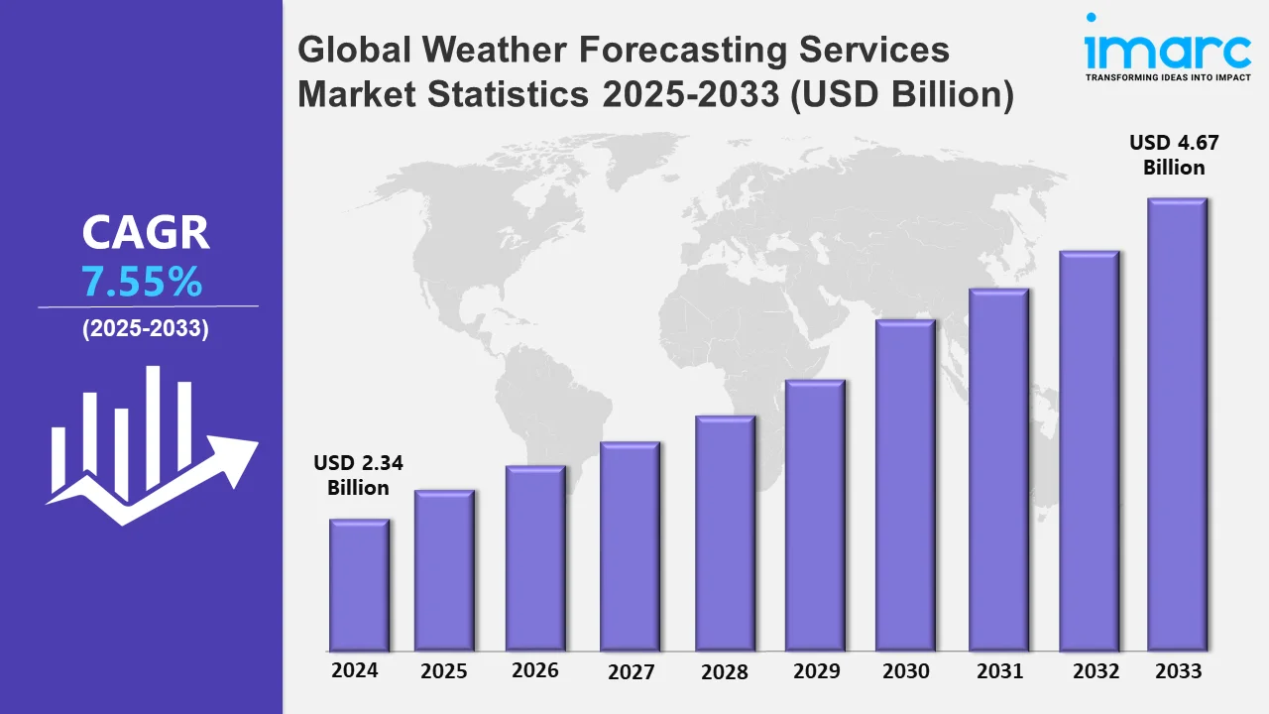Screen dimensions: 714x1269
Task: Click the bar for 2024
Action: (x=359, y=585)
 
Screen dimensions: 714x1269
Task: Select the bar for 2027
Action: (x=630, y=546)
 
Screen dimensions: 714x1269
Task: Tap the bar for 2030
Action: (x=905, y=485)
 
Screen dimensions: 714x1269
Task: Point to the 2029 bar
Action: (x=815, y=516)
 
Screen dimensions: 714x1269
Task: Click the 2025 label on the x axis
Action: (x=444, y=671)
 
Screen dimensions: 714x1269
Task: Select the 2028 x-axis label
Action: (x=725, y=671)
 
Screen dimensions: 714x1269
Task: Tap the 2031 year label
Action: (x=998, y=671)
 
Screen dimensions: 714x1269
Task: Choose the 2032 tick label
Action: (x=1095, y=671)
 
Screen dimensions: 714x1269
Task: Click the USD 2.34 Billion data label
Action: (x=359, y=475)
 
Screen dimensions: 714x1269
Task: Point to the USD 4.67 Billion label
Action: (x=1174, y=155)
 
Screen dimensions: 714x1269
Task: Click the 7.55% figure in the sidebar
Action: (x=143, y=284)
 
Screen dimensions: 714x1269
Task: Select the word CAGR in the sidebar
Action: (x=146, y=233)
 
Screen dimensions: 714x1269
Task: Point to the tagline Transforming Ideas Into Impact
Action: (x=1167, y=76)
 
